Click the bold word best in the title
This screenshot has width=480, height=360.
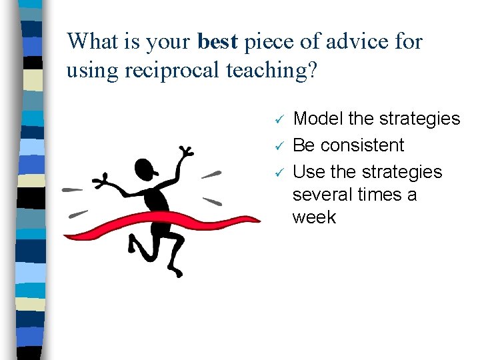point(218,41)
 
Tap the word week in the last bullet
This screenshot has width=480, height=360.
point(314,217)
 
